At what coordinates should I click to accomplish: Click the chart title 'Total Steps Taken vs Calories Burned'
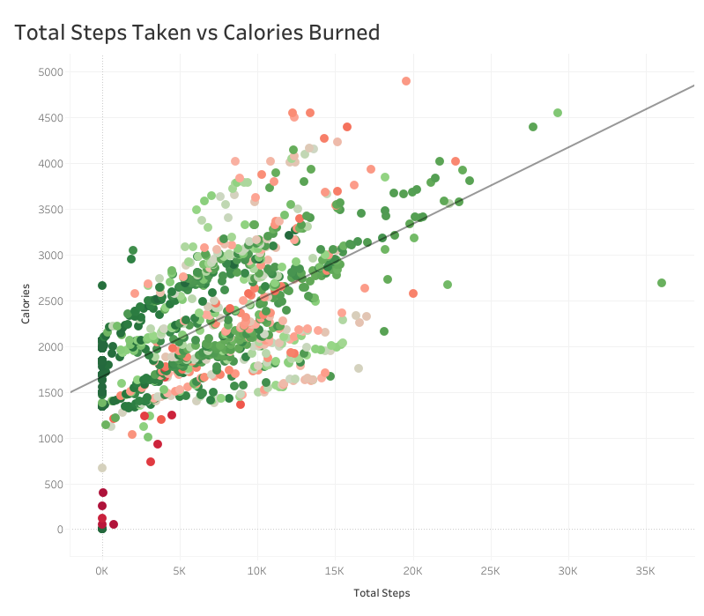197,33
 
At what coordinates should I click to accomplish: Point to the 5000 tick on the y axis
51,72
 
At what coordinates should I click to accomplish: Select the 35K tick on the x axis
646,571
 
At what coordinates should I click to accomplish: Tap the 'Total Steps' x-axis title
382,593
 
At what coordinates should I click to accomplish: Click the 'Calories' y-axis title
27,303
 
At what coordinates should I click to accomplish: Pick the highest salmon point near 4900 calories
406,81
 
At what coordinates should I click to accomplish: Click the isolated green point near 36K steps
662,283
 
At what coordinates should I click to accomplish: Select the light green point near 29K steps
558,113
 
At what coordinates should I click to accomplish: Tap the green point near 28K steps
533,127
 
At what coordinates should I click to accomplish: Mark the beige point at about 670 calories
102,468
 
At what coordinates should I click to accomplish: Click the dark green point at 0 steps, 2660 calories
102,286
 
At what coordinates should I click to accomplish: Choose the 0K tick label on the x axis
102,571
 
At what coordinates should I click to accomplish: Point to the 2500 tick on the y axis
51,301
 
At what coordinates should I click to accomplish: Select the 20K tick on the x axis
413,571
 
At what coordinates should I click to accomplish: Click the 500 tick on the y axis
54,484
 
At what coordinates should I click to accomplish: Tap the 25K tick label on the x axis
491,571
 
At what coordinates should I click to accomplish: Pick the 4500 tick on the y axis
51,118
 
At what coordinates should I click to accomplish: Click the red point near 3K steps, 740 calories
151,462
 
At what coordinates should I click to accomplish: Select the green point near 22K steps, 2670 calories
448,285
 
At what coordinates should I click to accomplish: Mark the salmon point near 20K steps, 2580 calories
413,293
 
